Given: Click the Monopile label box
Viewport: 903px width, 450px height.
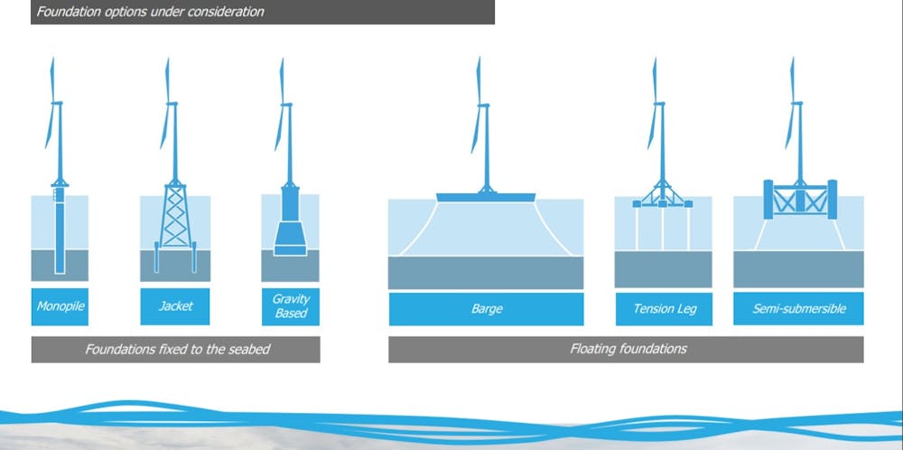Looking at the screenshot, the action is (60, 306).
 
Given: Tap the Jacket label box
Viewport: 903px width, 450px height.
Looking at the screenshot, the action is (175, 306).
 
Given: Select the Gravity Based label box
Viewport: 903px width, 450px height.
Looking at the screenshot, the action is (290, 306).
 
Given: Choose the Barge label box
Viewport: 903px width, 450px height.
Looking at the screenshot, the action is (486, 309).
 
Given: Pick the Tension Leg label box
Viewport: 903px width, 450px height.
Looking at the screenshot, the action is (664, 309).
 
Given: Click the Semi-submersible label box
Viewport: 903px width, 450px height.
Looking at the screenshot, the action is (799, 309).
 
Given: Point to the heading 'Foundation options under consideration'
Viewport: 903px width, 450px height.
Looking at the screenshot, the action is (150, 12).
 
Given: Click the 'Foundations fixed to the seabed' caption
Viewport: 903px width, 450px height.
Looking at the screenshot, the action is (176, 349).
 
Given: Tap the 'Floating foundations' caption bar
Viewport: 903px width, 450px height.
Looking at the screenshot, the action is (626, 349).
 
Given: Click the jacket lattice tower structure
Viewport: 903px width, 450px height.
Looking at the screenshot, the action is (175, 215).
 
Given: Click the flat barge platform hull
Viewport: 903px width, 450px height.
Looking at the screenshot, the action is (486, 198).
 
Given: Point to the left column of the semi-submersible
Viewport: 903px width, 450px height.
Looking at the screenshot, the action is (768, 200).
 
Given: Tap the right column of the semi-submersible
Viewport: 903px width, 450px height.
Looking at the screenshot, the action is (833, 200).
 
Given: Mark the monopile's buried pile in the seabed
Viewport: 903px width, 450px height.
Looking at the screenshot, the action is (60, 261).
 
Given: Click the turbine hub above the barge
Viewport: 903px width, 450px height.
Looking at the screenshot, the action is (484, 105).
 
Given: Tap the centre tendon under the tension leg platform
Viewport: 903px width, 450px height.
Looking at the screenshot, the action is (663, 229).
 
